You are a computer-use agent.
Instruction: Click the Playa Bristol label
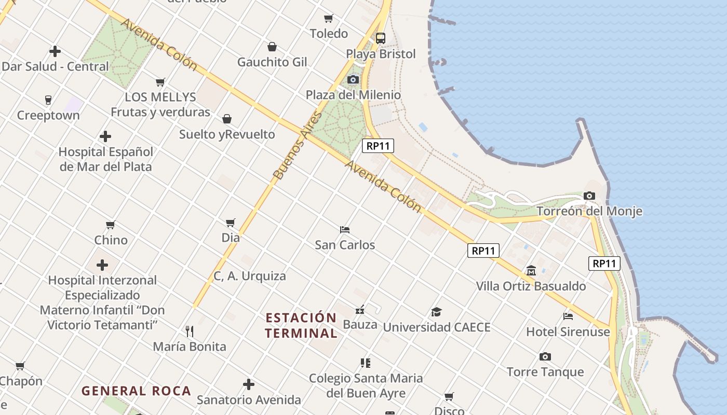pyautogui.click(x=381, y=54)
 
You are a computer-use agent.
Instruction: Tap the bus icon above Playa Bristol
pyautogui.click(x=381, y=38)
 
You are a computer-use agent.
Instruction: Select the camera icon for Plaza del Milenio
pyautogui.click(x=353, y=79)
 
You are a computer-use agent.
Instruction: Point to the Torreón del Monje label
pyautogui.click(x=589, y=211)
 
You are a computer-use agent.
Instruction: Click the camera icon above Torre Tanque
pyautogui.click(x=545, y=356)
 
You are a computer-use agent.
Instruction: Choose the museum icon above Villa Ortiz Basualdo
pyautogui.click(x=531, y=271)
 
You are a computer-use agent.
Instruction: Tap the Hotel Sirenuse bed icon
pyautogui.click(x=568, y=316)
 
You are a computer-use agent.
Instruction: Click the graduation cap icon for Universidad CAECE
pyautogui.click(x=436, y=312)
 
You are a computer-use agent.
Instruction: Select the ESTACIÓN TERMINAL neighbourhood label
pyautogui.click(x=301, y=325)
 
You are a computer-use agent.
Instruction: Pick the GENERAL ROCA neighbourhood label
pyautogui.click(x=137, y=391)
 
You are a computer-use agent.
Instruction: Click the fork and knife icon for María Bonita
pyautogui.click(x=190, y=331)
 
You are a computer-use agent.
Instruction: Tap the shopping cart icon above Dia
pyautogui.click(x=231, y=223)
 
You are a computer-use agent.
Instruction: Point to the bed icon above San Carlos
pyautogui.click(x=345, y=229)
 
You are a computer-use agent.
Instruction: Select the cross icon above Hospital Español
pyautogui.click(x=105, y=136)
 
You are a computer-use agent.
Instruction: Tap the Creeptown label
pyautogui.click(x=48, y=115)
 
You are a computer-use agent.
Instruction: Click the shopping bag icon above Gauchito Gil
pyautogui.click(x=272, y=47)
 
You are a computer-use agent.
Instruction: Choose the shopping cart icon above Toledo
pyautogui.click(x=328, y=19)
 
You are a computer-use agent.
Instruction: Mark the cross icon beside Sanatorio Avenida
pyautogui.click(x=249, y=384)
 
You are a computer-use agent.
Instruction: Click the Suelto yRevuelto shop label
pyautogui.click(x=227, y=134)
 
